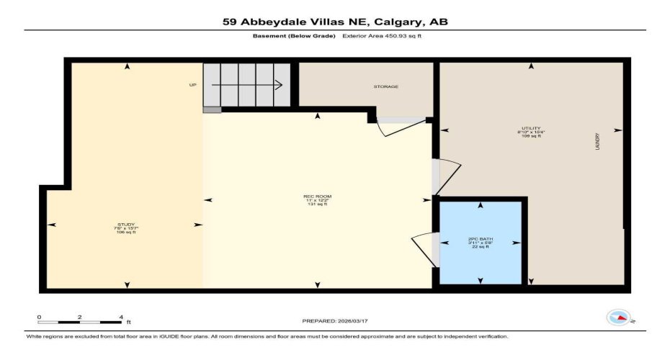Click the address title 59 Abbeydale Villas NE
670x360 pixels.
click(x=335, y=22)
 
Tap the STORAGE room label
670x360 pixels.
click(x=385, y=86)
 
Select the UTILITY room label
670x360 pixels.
click(x=531, y=132)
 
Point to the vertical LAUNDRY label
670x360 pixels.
click(x=597, y=141)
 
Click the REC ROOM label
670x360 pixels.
click(x=317, y=199)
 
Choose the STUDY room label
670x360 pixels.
click(x=127, y=228)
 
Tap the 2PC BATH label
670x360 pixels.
click(x=479, y=243)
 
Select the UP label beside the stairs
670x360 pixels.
click(x=192, y=85)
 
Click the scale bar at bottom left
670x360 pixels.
click(x=80, y=318)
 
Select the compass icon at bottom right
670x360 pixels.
click(x=619, y=318)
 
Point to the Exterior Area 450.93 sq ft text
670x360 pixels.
click(x=381, y=36)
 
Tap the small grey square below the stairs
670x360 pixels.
click(x=212, y=109)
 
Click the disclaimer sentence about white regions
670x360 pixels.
click(x=267, y=336)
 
